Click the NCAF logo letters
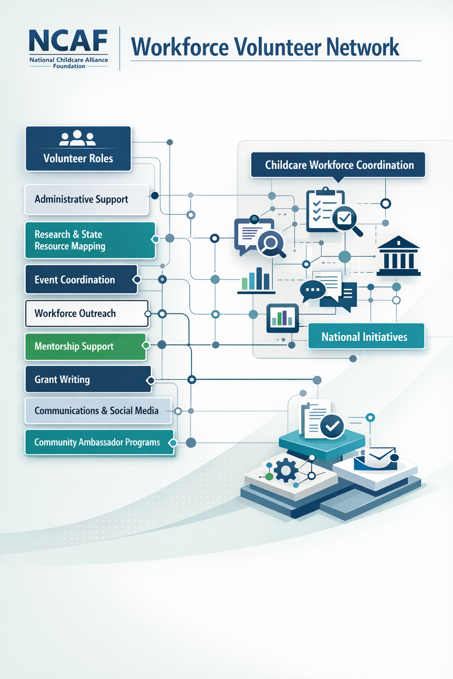tap(68, 41)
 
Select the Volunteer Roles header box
tap(78, 149)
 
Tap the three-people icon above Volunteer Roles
tap(77, 138)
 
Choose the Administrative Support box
tap(86, 199)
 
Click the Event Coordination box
tap(81, 279)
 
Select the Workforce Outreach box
tap(87, 313)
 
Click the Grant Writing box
tap(88, 379)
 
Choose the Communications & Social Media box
tap(97, 411)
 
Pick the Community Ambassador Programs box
tap(99, 442)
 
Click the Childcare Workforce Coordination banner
tap(338, 165)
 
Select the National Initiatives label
tap(366, 337)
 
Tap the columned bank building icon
tap(398, 256)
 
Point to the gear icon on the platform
tap(286, 470)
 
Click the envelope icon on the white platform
tap(381, 457)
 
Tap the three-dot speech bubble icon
tap(313, 290)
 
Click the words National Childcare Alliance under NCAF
tap(69, 60)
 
